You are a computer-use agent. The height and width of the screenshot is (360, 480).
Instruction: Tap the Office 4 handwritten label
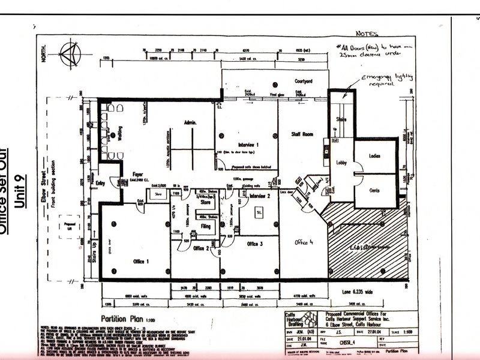click(x=304, y=242)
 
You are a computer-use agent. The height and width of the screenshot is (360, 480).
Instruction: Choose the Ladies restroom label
click(x=374, y=157)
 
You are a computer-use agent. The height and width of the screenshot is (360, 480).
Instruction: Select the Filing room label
click(x=205, y=226)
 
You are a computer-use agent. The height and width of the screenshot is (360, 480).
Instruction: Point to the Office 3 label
click(x=254, y=244)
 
